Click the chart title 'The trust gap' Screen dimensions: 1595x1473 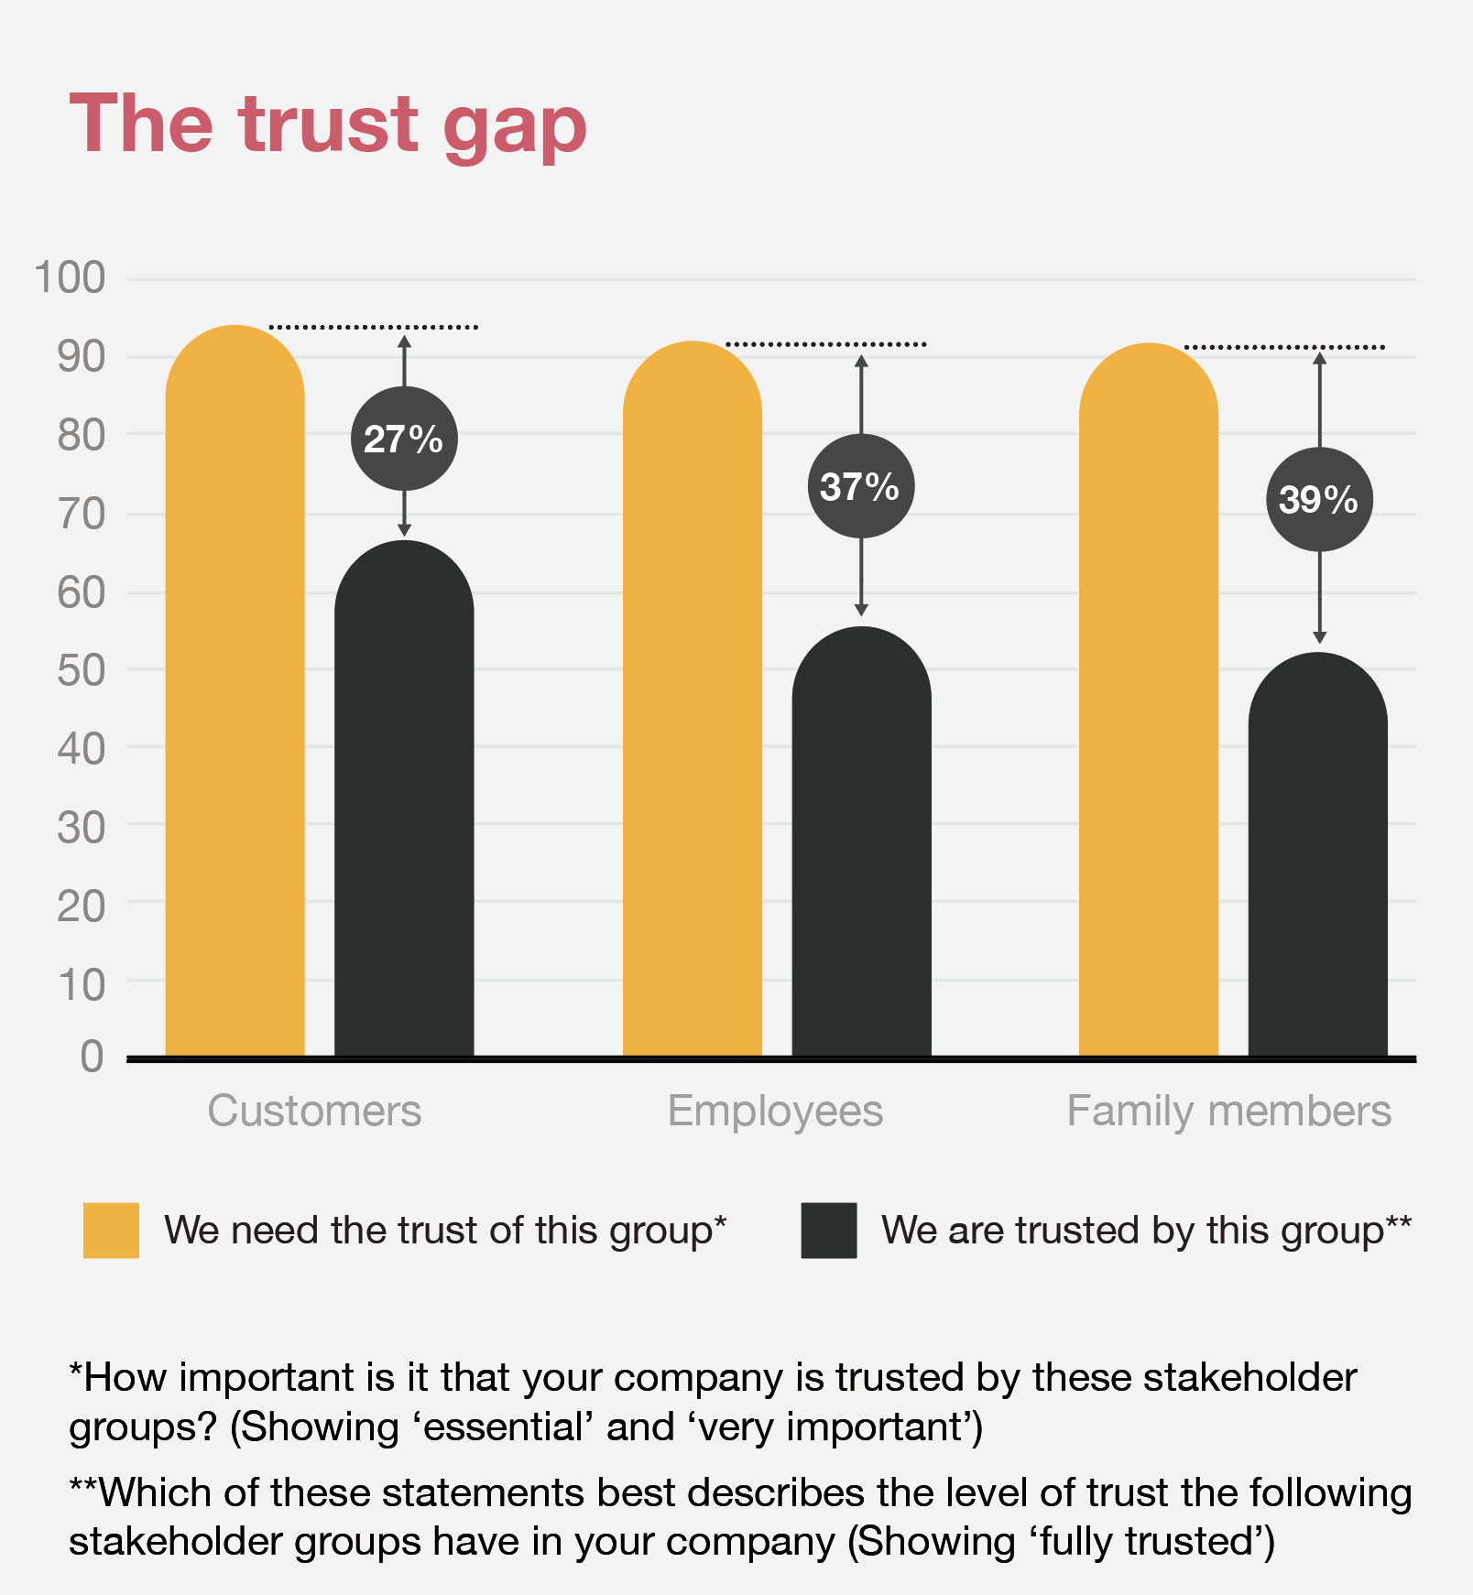327,125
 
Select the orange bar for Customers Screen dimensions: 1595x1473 235,696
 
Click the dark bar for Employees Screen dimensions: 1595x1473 861,842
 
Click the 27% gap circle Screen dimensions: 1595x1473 404,439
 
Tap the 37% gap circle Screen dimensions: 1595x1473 860,486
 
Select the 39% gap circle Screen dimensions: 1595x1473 1319,499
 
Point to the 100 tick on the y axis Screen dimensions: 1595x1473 70,277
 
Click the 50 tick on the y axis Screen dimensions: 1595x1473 81,670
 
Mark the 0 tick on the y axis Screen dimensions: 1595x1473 92,1057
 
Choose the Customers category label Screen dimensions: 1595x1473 314,1112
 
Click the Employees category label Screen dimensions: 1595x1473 775,1112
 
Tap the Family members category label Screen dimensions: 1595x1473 1228,1112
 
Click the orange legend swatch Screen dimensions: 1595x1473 111,1231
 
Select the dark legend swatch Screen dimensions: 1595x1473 828,1231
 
